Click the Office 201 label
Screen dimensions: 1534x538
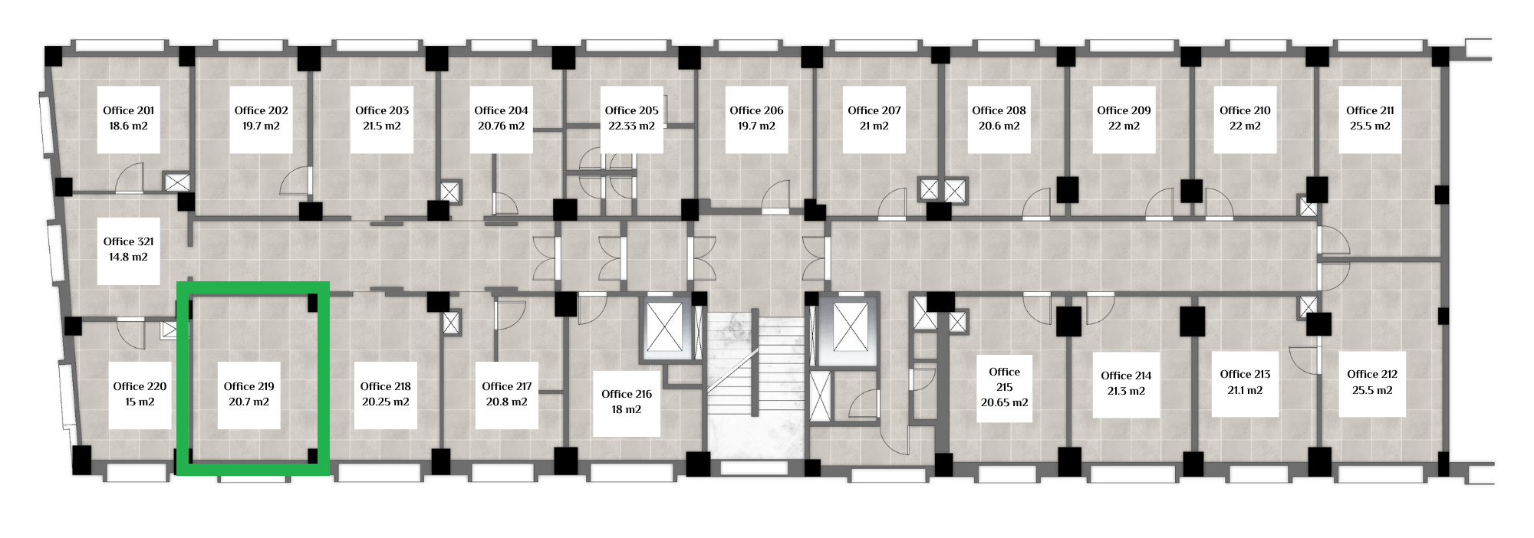tap(129, 110)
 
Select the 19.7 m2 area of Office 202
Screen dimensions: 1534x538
tap(261, 126)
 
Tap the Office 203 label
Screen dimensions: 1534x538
tap(382, 110)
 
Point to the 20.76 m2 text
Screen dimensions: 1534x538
tap(501, 126)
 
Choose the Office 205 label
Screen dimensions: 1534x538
tap(632, 110)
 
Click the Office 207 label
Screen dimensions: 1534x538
tap(874, 110)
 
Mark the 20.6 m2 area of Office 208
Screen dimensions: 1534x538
tap(999, 126)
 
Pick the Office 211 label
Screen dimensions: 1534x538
tap(1371, 110)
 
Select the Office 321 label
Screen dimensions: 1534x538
tap(129, 241)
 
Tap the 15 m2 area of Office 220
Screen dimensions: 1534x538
tap(140, 402)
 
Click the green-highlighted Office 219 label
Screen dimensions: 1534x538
tap(249, 386)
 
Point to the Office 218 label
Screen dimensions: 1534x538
tap(386, 386)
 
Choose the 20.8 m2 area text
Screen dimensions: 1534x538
tap(507, 402)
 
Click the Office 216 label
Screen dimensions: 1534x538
tap(627, 394)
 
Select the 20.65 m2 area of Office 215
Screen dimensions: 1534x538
tap(1005, 402)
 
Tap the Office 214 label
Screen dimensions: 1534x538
tap(1126, 376)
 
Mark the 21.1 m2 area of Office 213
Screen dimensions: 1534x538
tap(1245, 390)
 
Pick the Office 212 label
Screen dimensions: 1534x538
tap(1373, 374)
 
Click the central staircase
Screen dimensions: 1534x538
tap(755, 387)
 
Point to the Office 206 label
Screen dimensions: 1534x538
tap(757, 110)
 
